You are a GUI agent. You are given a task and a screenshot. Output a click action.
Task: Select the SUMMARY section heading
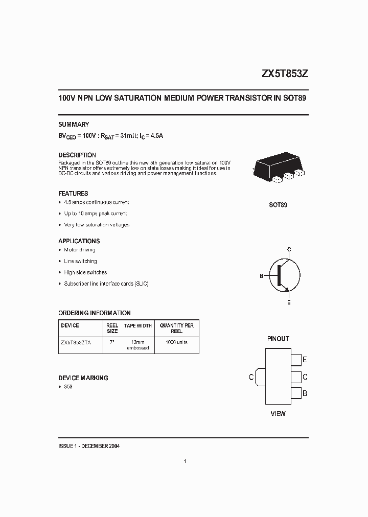pos(74,124)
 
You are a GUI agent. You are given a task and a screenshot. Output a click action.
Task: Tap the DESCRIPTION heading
pos(77,155)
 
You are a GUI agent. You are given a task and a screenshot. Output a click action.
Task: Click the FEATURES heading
pos(73,194)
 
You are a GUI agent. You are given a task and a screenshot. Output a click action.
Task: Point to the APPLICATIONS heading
pos(79,241)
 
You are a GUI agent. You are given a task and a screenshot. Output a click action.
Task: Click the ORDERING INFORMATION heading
pos(95,313)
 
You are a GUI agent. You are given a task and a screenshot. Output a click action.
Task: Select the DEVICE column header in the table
pos(70,325)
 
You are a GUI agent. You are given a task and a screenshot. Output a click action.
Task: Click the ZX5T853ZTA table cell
pos(76,342)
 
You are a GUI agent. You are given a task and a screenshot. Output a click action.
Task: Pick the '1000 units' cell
pos(177,342)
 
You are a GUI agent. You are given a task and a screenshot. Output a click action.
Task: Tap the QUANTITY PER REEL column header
pos(177,328)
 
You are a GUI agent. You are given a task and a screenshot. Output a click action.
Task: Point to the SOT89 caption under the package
pos(278,205)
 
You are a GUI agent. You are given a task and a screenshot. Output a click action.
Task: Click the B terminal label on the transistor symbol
pos(261,276)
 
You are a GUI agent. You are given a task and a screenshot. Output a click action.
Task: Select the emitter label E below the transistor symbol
pos(289,302)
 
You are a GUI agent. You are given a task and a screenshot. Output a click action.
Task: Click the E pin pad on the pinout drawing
pos(296,360)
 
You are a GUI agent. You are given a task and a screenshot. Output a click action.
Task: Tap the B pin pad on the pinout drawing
pos(296,393)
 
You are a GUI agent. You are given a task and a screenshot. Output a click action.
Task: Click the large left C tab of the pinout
pos(259,377)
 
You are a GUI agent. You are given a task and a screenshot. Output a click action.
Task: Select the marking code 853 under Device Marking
pos(68,387)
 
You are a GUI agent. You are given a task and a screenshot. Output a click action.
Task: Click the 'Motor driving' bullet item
pos(80,250)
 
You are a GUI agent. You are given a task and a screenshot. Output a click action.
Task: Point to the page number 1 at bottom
pos(184,461)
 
